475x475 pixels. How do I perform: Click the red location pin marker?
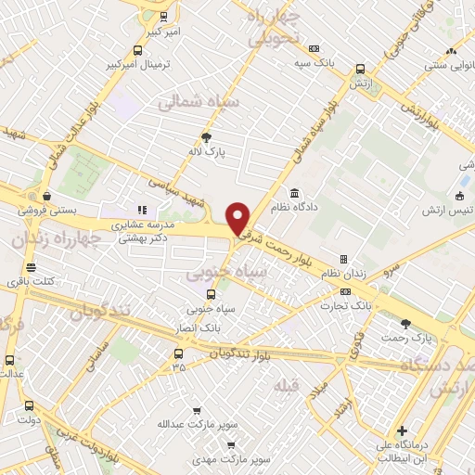point(238,218)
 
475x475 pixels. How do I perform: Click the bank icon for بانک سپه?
point(315,47)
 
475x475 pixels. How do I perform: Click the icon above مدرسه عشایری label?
point(143,210)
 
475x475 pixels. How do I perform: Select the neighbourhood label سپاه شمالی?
point(199,101)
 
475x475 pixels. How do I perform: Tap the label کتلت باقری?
point(31,282)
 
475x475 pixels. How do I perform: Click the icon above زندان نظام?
point(343,259)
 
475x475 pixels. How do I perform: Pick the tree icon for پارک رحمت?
point(405,323)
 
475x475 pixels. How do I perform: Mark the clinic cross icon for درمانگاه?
point(402,430)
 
